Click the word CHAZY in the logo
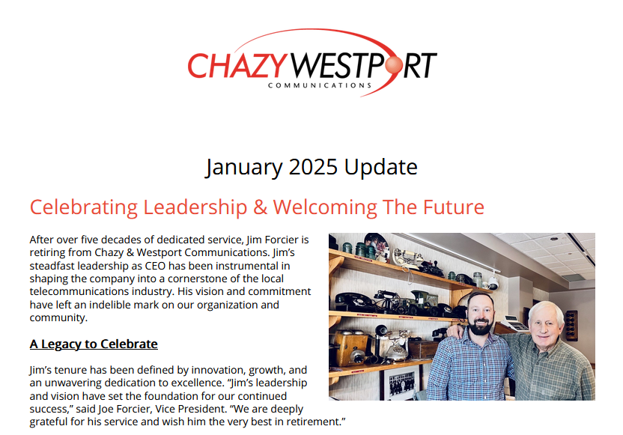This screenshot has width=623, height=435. click(x=237, y=66)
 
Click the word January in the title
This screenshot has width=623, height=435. click(x=241, y=167)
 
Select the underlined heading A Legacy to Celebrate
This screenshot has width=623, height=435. click(x=94, y=344)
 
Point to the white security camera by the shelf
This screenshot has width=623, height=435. click(x=492, y=284)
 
